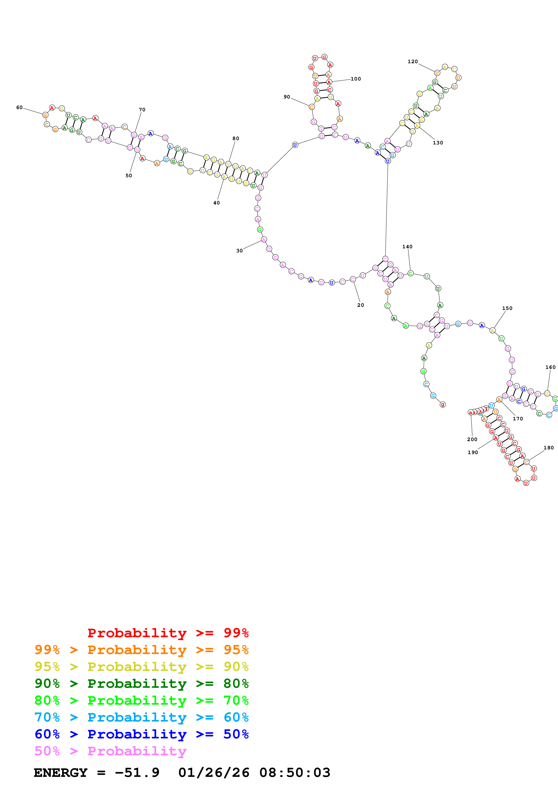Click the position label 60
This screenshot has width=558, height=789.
[19, 108]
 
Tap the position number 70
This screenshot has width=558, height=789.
[142, 110]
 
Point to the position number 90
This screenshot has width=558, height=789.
[287, 97]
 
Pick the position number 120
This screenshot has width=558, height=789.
[413, 61]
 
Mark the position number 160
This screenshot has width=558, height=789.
[550, 367]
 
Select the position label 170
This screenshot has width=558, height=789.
[518, 419]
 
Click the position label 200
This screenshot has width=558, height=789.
[472, 439]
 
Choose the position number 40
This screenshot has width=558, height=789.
[216, 203]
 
